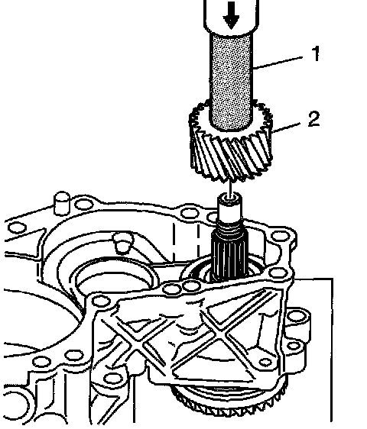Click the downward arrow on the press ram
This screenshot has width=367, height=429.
pos(231,15)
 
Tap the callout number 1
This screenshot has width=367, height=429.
pos(316,53)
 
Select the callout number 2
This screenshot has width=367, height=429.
pos(313,119)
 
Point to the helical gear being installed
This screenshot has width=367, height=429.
pos(231,141)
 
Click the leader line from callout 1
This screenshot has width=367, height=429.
pos(278,63)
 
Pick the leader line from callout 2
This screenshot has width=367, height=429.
pos(286,128)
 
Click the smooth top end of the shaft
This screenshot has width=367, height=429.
pos(229,206)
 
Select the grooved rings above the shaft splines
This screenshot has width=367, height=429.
pos(229,225)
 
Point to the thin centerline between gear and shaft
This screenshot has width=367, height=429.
pos(230,188)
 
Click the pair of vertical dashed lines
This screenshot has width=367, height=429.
pos(186,240)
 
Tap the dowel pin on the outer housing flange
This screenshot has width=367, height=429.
pos(62,203)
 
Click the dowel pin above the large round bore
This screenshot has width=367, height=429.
pos(123,242)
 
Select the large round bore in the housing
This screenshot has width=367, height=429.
pos(116,278)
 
